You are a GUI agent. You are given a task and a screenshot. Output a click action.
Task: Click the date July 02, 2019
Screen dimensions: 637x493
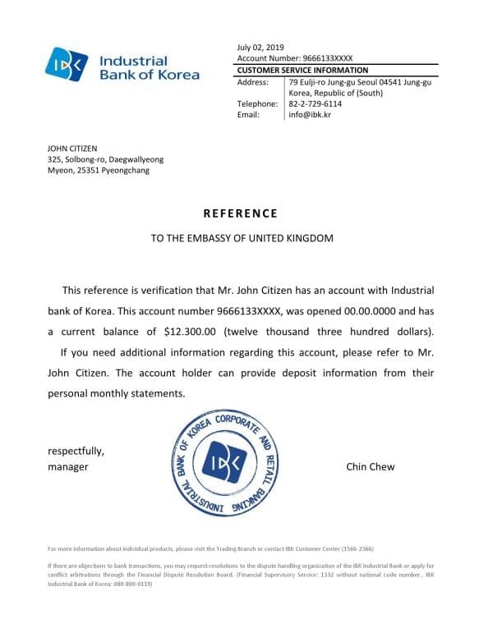tap(260, 48)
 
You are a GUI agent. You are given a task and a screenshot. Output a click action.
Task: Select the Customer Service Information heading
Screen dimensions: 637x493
tap(302, 71)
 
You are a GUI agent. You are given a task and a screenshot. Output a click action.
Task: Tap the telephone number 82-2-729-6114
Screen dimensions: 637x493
tap(316, 104)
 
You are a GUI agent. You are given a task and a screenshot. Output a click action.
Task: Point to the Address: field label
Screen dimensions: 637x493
tap(253, 82)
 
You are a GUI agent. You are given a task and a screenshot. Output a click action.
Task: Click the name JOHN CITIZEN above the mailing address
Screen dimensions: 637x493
tap(72, 149)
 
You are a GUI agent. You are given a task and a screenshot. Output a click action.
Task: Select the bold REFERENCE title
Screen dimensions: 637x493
tap(241, 213)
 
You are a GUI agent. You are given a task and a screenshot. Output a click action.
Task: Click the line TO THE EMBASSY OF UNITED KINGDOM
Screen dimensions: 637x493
tap(242, 239)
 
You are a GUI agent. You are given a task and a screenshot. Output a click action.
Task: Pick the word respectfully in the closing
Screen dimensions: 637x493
tap(76, 451)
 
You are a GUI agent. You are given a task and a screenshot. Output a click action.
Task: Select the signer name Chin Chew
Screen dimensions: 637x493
tap(371, 466)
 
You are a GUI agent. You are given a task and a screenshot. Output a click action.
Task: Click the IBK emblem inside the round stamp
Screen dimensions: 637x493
tap(223, 464)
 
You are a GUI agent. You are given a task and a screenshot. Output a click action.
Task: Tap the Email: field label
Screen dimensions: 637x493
tap(248, 115)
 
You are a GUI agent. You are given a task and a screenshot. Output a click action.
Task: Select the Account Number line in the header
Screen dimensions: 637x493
tap(294, 59)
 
